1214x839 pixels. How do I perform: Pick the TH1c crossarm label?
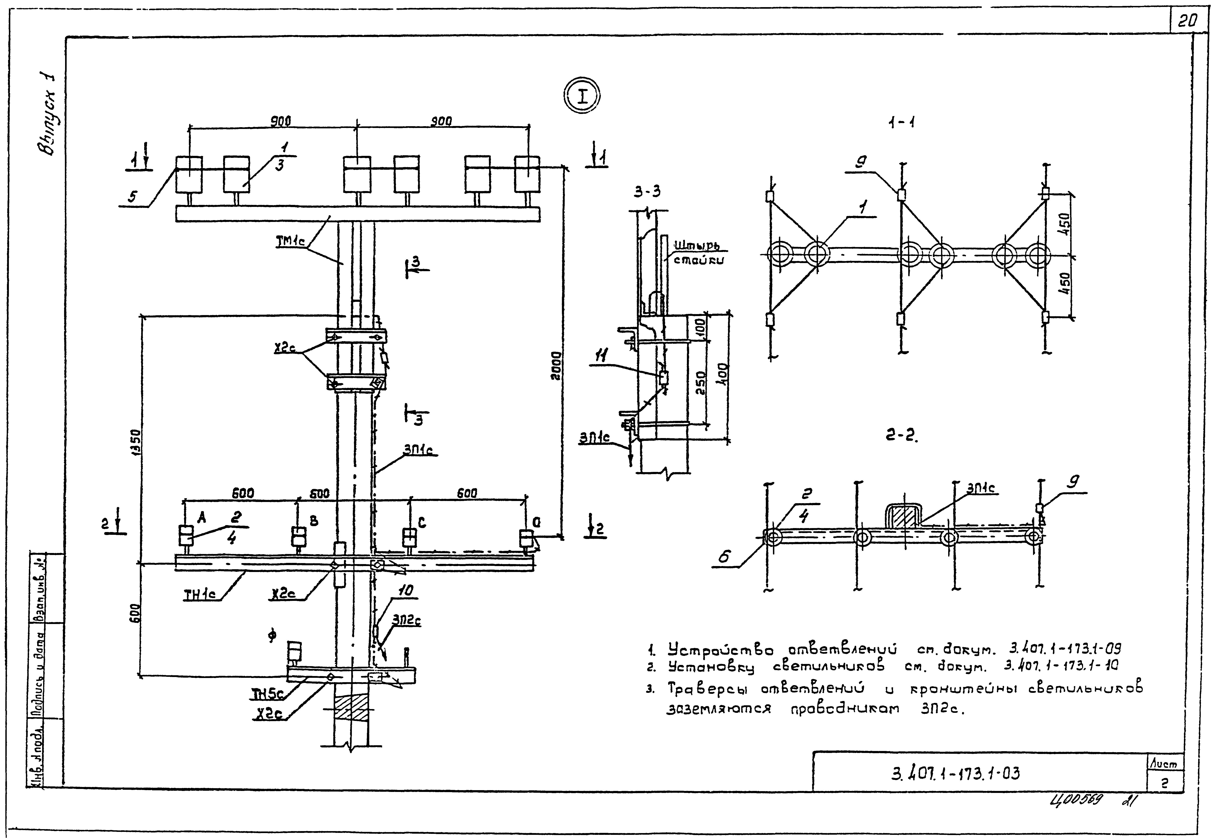(x=200, y=594)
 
